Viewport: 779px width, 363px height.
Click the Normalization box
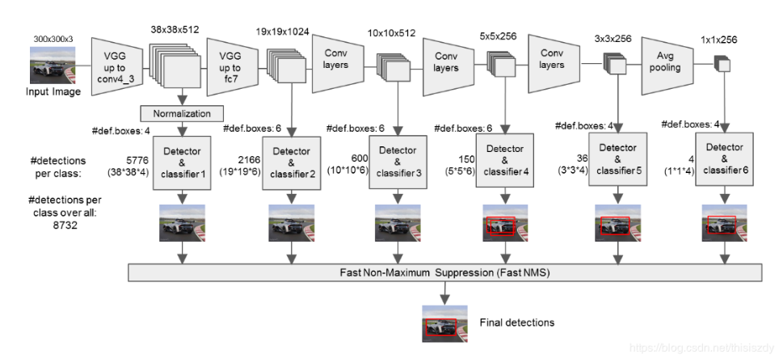point(183,113)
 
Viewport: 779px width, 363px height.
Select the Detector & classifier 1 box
point(183,163)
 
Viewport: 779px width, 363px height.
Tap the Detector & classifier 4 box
point(505,159)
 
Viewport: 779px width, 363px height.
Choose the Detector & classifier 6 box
point(724,158)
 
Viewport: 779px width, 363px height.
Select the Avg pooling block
point(667,65)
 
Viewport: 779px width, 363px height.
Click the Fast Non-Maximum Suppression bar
point(444,272)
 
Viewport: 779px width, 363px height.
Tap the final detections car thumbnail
point(444,323)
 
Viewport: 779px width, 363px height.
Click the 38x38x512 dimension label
point(175,30)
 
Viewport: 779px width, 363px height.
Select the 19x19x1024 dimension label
point(282,32)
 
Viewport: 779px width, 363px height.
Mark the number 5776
point(137,162)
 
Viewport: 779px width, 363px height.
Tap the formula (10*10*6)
point(347,170)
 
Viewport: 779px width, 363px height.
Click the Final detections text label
point(516,323)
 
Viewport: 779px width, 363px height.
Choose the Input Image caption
point(53,91)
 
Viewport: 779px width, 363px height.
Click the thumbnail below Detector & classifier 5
point(617,223)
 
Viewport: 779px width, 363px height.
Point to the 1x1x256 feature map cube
point(721,64)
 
